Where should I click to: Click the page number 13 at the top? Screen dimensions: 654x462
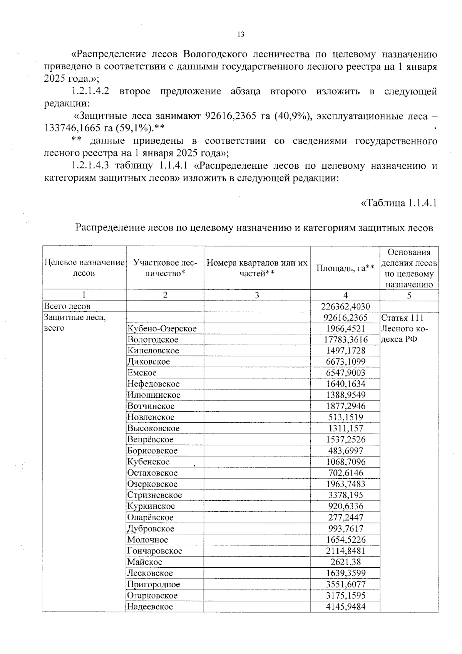[x=241, y=35]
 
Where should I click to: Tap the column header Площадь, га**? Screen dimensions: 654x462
[x=345, y=268]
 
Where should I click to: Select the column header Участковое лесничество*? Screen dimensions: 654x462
[x=165, y=268]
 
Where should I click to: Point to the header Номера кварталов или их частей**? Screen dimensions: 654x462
[x=257, y=268]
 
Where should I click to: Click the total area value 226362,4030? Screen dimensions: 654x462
[x=345, y=306]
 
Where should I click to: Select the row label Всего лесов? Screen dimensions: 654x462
[x=67, y=306]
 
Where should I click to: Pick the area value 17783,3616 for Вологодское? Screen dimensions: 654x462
[x=345, y=340]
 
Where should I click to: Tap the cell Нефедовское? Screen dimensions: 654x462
[x=154, y=384]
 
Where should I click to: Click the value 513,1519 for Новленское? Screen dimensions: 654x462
[x=345, y=417]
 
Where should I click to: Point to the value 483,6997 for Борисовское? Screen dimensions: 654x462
[x=345, y=451]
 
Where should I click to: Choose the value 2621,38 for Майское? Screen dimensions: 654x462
[x=345, y=562]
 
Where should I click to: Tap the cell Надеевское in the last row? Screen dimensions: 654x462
[x=150, y=607]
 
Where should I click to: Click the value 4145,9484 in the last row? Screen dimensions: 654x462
[x=345, y=607]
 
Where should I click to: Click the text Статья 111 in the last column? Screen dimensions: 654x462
[x=402, y=318]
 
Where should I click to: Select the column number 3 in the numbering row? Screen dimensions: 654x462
[x=257, y=296]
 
